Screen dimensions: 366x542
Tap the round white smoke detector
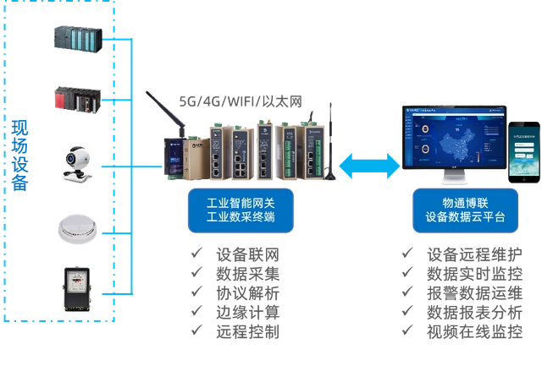78,226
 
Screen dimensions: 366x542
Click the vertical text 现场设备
19,156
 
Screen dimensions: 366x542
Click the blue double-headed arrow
368,164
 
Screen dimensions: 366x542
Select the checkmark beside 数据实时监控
408,274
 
